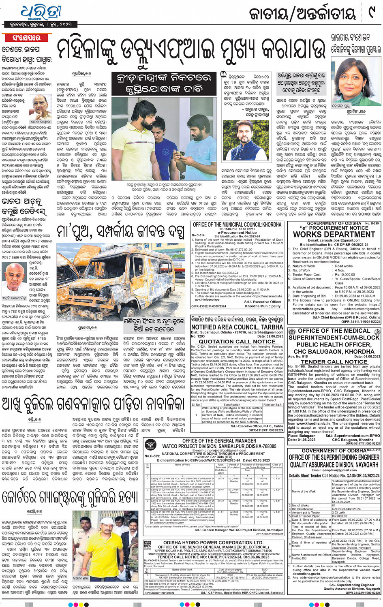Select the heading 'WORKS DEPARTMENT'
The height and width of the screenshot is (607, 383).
click(334, 234)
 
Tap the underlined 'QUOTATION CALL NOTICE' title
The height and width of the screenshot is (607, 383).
click(237, 342)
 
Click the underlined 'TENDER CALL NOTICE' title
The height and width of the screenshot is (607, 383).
click(334, 361)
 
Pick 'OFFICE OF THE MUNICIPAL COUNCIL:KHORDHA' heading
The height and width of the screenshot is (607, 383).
click(237, 224)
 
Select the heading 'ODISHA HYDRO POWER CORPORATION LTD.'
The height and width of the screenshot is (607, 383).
click(213, 543)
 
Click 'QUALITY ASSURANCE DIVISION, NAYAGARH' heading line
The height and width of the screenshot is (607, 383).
click(334, 465)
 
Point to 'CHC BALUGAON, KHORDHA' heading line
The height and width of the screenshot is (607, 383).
click(334, 352)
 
